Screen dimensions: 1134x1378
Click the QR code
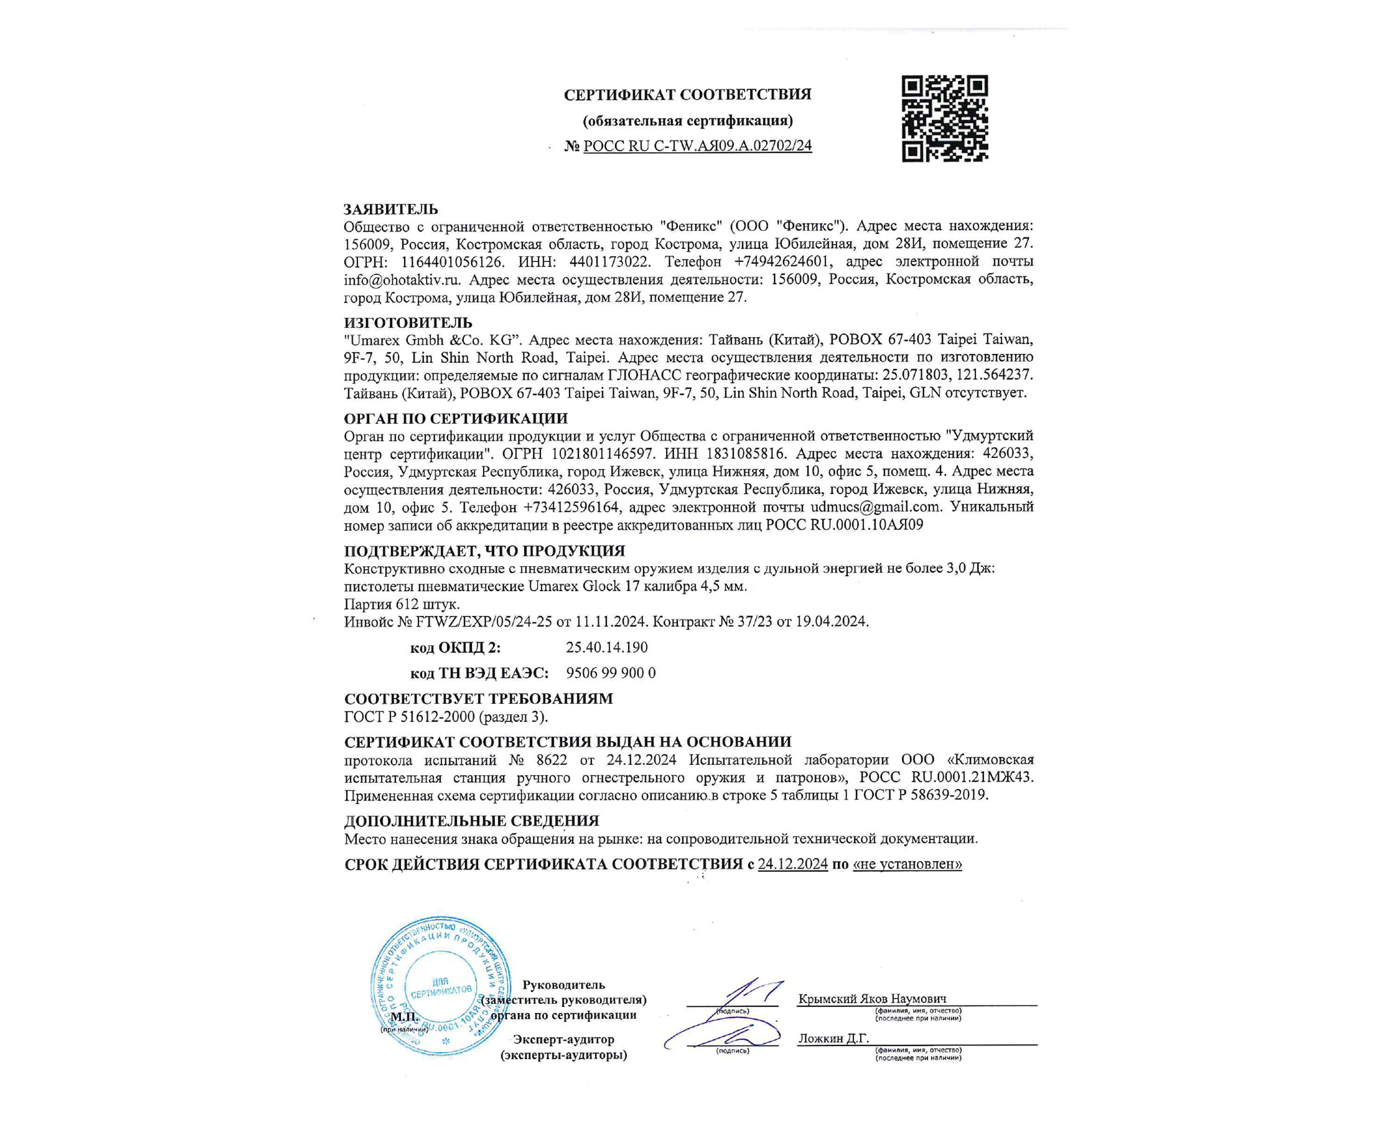(945, 118)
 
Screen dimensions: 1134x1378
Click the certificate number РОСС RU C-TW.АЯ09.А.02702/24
(697, 146)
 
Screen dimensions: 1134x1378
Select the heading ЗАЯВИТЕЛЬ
(391, 209)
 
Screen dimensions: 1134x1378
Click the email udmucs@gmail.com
(875, 507)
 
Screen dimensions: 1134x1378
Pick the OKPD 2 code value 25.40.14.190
(607, 647)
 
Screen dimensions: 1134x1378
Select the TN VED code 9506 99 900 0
(611, 673)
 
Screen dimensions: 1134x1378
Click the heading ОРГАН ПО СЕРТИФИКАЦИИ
(456, 419)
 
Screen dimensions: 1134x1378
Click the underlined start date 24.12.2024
(792, 864)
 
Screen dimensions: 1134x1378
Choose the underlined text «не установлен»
(907, 864)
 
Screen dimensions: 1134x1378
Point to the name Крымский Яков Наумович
(872, 998)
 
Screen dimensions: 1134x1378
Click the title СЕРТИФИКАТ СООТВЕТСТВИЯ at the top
(688, 95)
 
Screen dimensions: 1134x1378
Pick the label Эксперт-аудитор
(563, 1038)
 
